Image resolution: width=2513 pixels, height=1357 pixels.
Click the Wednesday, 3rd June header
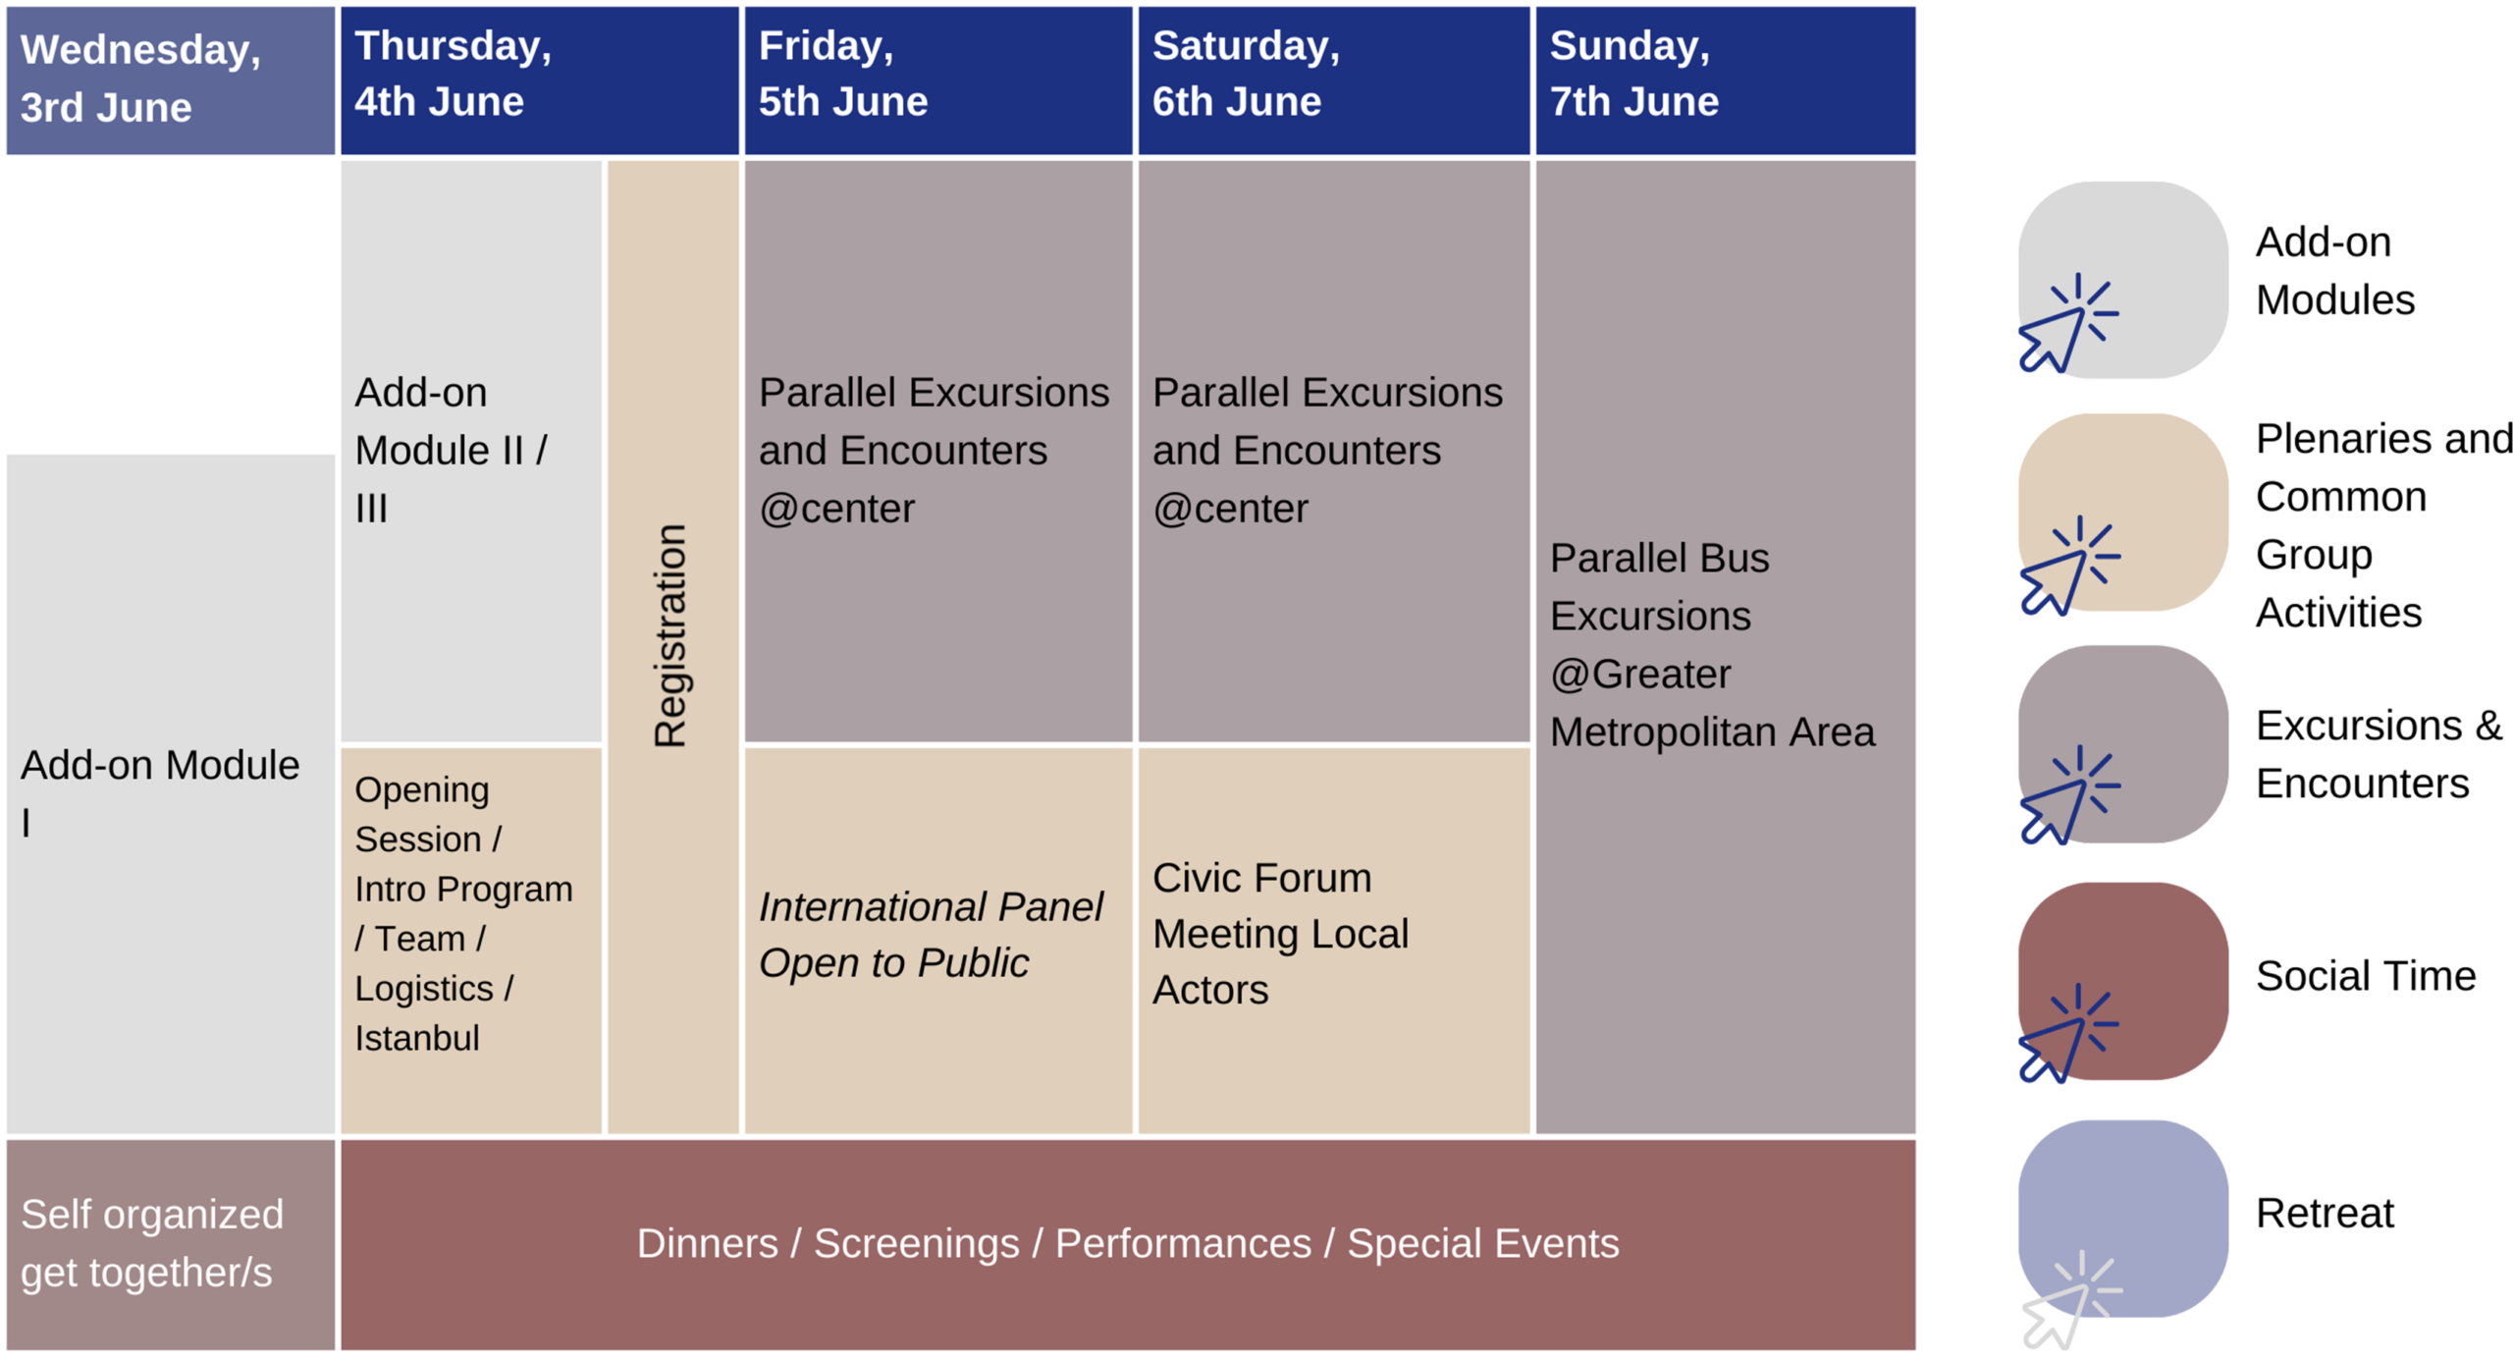[x=171, y=81]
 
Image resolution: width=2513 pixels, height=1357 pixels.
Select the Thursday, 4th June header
[x=539, y=81]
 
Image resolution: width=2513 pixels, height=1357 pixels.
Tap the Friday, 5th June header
[x=937, y=81]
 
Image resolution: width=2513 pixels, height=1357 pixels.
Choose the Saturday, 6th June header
[x=1333, y=81]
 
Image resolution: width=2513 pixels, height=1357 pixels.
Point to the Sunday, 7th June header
[x=1725, y=81]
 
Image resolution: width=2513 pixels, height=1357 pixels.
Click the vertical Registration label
[x=671, y=635]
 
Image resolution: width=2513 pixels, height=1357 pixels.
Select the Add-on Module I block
[x=171, y=793]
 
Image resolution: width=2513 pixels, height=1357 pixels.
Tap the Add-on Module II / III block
[x=471, y=451]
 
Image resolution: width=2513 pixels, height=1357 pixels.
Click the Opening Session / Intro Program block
[x=471, y=941]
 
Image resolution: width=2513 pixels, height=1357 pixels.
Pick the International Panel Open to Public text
[x=931, y=934]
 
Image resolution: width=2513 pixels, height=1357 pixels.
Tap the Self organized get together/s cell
[x=171, y=1243]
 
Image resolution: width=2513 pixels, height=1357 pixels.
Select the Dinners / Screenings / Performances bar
[x=1128, y=1243]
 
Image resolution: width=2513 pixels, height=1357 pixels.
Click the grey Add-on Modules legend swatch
[x=2122, y=280]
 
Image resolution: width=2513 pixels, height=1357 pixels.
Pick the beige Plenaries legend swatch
[x=2122, y=512]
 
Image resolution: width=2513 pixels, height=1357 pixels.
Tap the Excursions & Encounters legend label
[x=2379, y=754]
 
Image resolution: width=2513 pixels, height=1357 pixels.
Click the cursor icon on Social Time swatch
[x=2067, y=1033]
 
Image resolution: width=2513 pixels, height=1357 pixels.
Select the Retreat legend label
[x=2325, y=1213]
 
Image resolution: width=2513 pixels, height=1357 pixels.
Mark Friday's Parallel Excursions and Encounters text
[x=934, y=451]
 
